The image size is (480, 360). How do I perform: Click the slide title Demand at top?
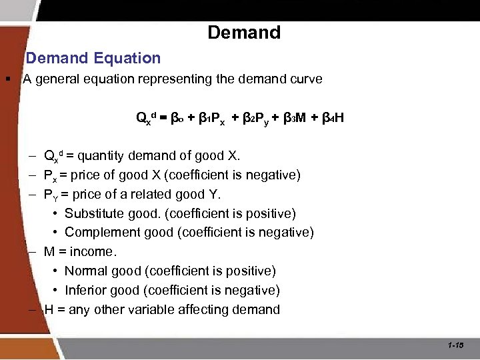point(244,32)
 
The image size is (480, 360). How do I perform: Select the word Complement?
point(97,233)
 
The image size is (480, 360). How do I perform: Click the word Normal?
point(85,271)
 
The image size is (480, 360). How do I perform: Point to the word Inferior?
point(85,291)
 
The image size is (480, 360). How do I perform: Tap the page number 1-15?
point(456,345)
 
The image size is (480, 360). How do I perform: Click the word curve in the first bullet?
point(307,79)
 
